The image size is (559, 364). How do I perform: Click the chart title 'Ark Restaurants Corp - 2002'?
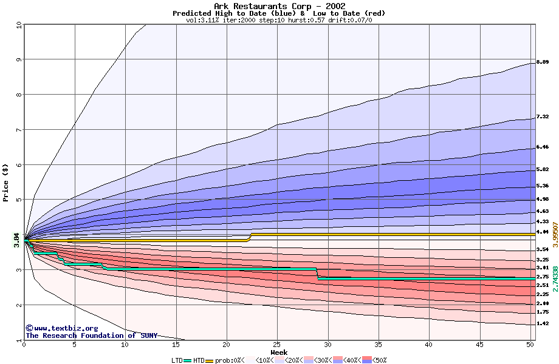279,6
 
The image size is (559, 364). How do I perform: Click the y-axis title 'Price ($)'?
6,183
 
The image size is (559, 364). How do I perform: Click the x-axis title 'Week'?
279,352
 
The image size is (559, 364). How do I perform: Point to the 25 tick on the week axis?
277,345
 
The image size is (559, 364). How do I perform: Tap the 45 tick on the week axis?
480,345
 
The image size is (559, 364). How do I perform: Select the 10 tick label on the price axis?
18,25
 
